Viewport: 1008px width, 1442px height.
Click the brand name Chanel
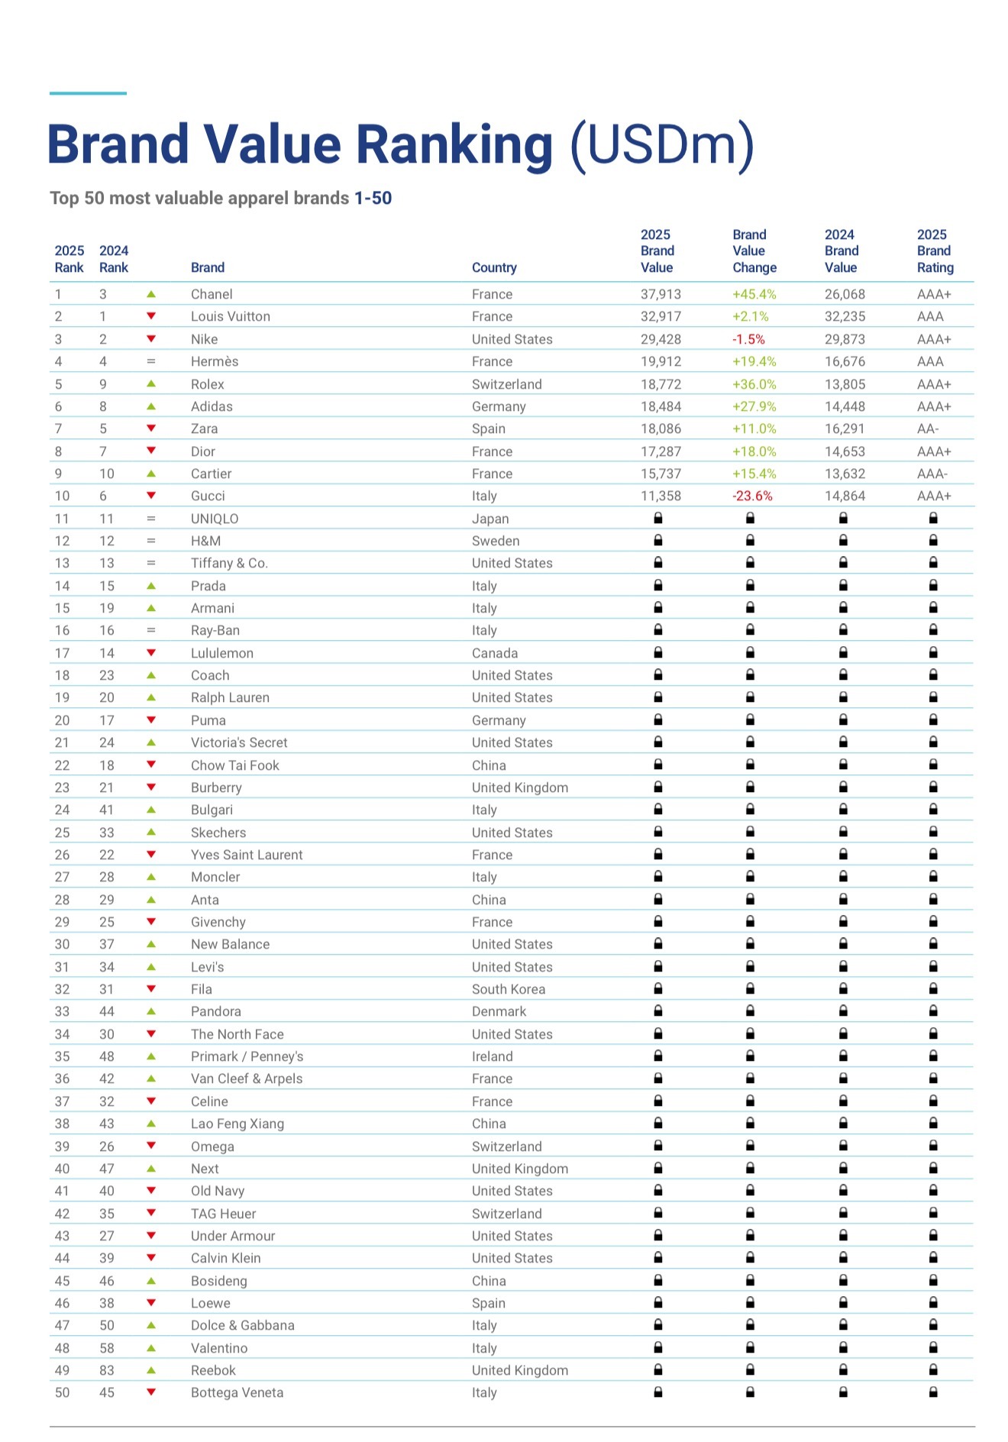[x=212, y=294]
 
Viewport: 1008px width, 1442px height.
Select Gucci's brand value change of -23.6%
[x=752, y=496]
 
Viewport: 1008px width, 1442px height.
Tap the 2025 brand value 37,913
[x=661, y=294]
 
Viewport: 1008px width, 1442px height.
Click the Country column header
[x=494, y=267]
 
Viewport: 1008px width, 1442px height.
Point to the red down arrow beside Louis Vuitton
[x=151, y=316]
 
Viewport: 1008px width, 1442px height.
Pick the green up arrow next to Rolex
[x=151, y=383]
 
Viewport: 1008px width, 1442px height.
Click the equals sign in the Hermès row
[x=151, y=361]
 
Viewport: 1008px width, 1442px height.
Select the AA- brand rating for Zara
[x=928, y=428]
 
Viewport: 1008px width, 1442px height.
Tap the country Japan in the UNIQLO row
[x=490, y=519]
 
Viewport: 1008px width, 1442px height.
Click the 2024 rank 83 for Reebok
[x=107, y=1370]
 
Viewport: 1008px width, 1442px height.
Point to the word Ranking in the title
[x=454, y=144]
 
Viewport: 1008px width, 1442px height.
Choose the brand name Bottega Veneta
[x=237, y=1392]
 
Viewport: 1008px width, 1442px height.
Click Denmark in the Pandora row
[x=499, y=1011]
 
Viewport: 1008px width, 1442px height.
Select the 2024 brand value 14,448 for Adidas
[x=845, y=406]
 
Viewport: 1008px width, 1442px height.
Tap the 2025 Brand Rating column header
[x=935, y=251]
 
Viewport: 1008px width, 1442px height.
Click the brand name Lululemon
[x=221, y=653]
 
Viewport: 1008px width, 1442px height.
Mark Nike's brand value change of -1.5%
[x=748, y=339]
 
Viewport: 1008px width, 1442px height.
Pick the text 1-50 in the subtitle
[x=373, y=198]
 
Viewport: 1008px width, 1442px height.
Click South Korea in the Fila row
[x=509, y=989]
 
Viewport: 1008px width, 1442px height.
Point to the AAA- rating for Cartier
[x=932, y=474]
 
